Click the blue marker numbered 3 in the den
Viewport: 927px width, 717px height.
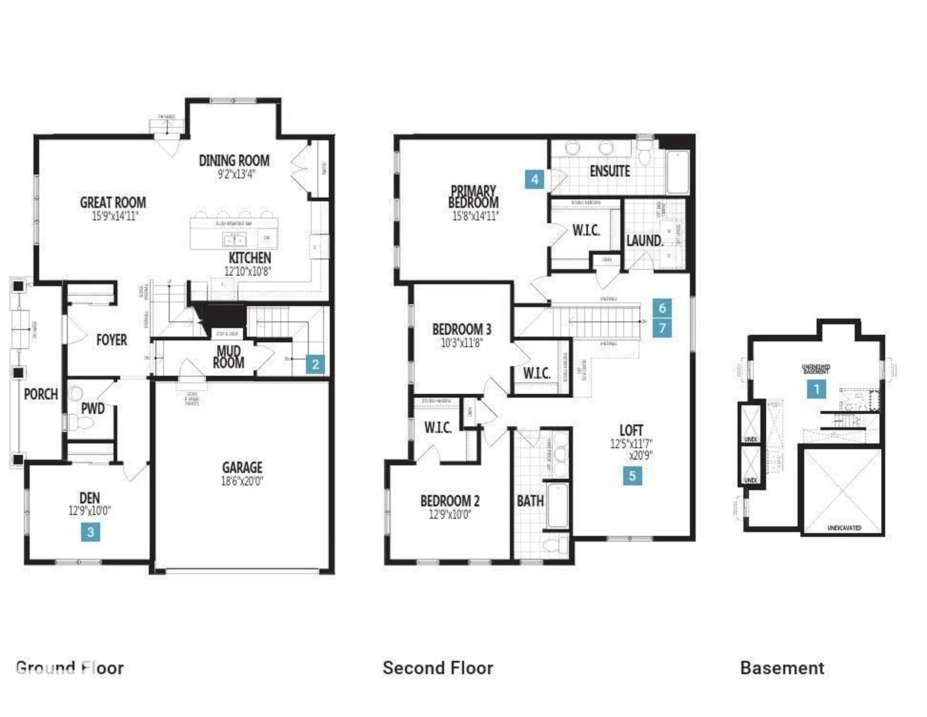click(x=91, y=532)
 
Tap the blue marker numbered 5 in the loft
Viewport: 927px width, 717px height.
click(x=632, y=476)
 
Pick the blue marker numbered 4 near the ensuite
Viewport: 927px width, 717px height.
click(x=534, y=179)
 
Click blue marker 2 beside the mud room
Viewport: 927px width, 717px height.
click(x=315, y=365)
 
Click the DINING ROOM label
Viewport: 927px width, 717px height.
click(x=234, y=161)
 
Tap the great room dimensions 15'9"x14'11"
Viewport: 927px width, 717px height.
click(x=115, y=216)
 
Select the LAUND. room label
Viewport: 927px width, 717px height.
click(x=644, y=241)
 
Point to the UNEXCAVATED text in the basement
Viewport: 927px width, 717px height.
click(x=844, y=528)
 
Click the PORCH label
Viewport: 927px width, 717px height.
click(x=41, y=394)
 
